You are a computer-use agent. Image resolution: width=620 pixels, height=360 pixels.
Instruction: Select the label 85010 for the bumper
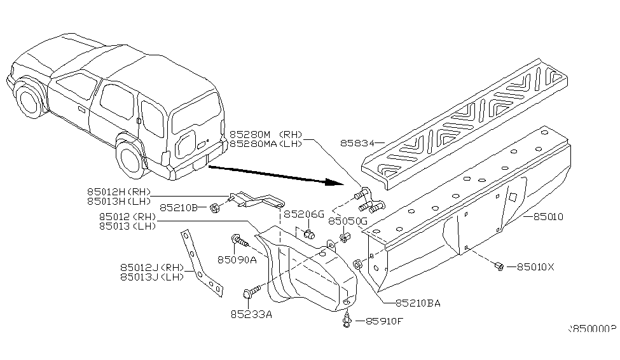(548, 217)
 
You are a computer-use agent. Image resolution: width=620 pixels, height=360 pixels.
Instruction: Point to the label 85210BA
(417, 303)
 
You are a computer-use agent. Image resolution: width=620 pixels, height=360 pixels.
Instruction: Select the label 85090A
(237, 260)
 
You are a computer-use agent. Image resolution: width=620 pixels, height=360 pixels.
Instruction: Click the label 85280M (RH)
(266, 135)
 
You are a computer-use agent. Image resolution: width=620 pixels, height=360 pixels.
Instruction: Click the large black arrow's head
(331, 183)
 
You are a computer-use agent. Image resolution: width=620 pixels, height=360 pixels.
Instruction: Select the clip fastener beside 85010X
(500, 267)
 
